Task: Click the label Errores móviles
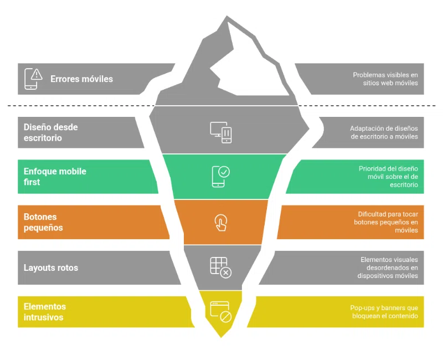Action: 81,79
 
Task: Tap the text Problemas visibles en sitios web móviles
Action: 386,79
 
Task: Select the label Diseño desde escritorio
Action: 50,132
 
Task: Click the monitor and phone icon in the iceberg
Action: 221,132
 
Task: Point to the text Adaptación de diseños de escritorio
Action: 384,132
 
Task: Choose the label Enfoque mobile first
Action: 55,177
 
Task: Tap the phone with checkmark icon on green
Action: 220,176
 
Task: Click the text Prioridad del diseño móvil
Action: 388,177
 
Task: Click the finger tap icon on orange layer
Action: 220,222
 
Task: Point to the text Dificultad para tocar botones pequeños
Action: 386,222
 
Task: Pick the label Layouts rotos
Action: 51,268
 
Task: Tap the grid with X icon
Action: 220,267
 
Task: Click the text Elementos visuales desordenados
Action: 388,268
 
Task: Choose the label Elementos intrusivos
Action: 44,312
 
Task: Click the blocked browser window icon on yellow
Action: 220,312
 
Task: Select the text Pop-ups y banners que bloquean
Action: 384,312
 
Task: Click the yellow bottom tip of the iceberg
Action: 221,330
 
